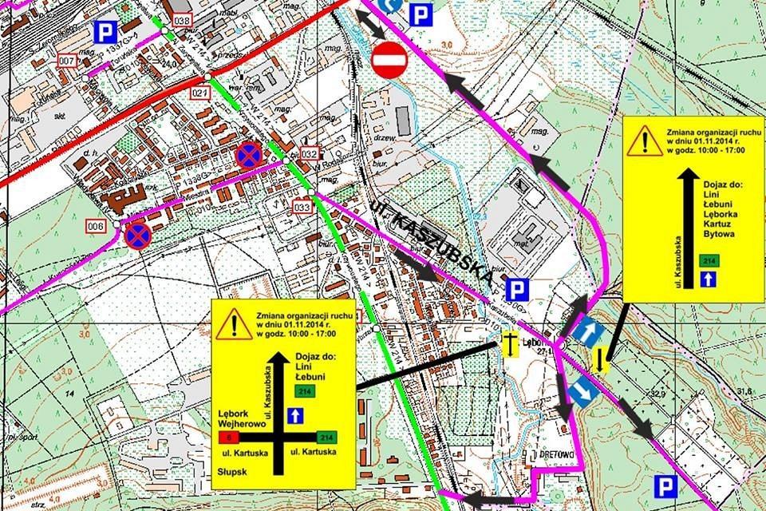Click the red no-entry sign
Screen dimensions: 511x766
click(x=389, y=61)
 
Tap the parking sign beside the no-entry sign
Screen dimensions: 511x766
click(x=421, y=14)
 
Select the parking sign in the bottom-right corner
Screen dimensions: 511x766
click(x=661, y=485)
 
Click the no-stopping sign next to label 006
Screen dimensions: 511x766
click(x=137, y=235)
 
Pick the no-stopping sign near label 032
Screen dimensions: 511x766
click(x=247, y=154)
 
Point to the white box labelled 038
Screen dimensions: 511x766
click(x=182, y=19)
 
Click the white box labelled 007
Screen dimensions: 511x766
click(x=66, y=61)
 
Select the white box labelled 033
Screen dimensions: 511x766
click(x=302, y=208)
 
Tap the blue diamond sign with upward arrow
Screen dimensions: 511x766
click(x=586, y=330)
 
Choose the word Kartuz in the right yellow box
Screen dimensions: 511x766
click(x=717, y=227)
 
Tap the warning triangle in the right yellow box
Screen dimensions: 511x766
click(x=640, y=141)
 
